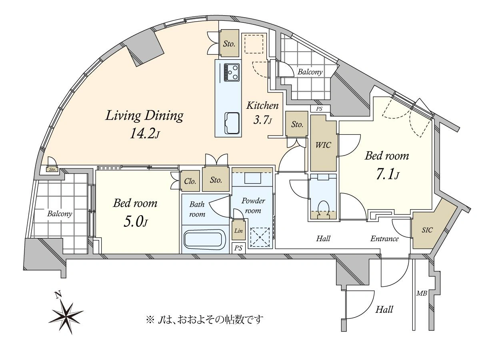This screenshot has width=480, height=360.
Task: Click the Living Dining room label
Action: click(x=144, y=116)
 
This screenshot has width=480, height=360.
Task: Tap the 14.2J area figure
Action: click(x=145, y=133)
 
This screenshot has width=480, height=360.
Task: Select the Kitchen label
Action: click(x=262, y=106)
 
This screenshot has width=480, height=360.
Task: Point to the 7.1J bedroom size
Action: click(x=388, y=175)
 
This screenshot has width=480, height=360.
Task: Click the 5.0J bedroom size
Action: click(x=136, y=221)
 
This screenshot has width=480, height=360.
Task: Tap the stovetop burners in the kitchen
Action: click(x=232, y=72)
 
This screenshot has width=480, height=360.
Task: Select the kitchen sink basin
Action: click(x=232, y=123)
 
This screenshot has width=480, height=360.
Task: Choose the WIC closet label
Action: click(x=324, y=145)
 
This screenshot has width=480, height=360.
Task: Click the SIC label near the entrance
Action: click(x=427, y=230)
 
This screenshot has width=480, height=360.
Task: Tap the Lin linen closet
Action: click(x=238, y=230)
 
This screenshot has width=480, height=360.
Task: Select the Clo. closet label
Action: click(x=190, y=181)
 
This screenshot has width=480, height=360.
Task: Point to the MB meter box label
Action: click(x=422, y=293)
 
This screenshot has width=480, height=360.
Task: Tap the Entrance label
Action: click(x=384, y=238)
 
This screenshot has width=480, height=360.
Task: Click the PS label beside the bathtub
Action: click(x=238, y=248)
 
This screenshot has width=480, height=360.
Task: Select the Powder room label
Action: click(x=253, y=206)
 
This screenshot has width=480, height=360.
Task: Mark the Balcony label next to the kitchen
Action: click(x=310, y=72)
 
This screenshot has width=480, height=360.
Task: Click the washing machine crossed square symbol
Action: click(x=260, y=237)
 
